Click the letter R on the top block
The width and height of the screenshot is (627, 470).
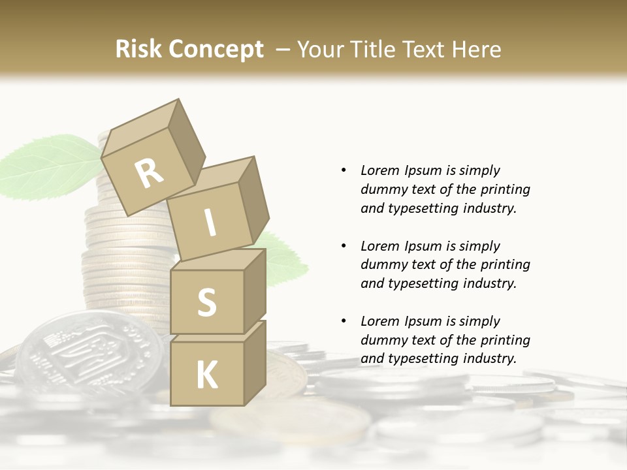(x=150, y=173)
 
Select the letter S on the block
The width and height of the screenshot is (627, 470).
(x=206, y=302)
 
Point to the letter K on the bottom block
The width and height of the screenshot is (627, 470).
(x=207, y=375)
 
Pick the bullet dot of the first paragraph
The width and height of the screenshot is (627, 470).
(x=344, y=171)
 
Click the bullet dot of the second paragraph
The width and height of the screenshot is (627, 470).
(x=344, y=246)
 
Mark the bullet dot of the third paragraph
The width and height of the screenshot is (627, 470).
(x=344, y=321)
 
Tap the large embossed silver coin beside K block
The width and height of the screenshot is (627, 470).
(x=88, y=352)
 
